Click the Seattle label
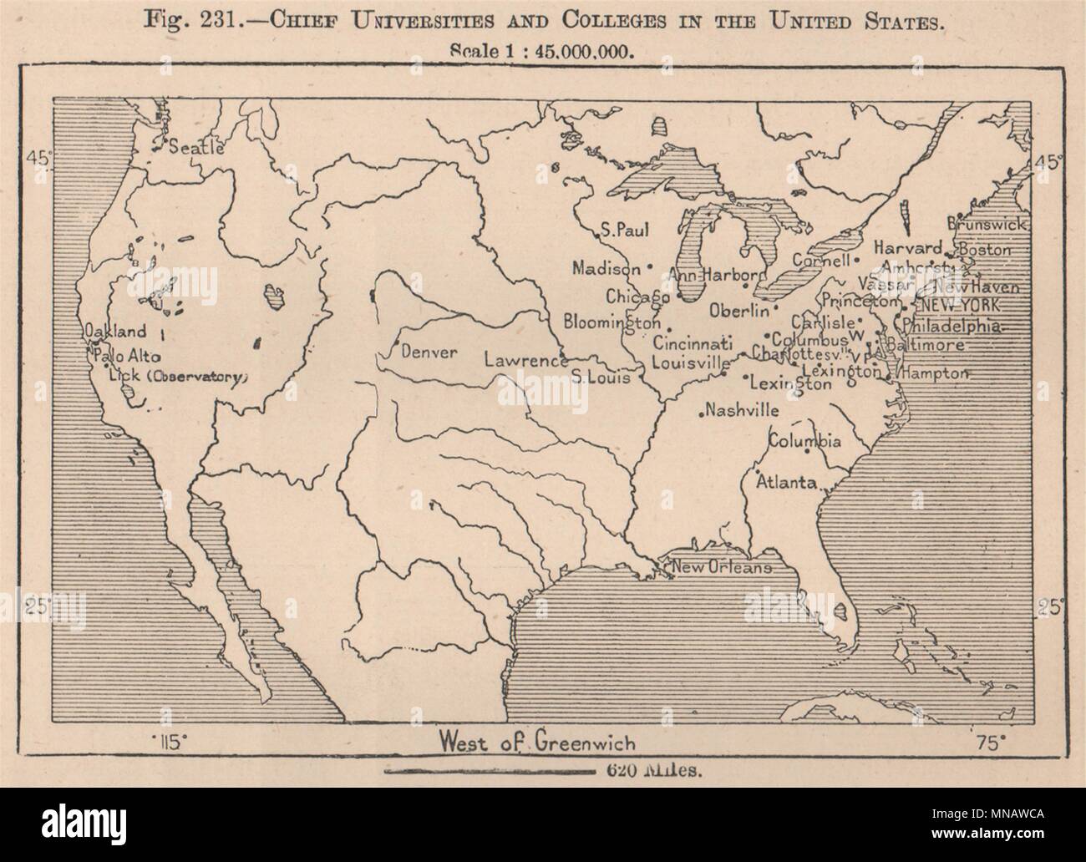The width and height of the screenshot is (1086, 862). [196, 149]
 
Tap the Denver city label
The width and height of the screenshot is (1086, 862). [429, 352]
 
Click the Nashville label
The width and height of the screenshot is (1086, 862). [742, 411]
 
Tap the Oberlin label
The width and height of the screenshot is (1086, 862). [738, 311]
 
